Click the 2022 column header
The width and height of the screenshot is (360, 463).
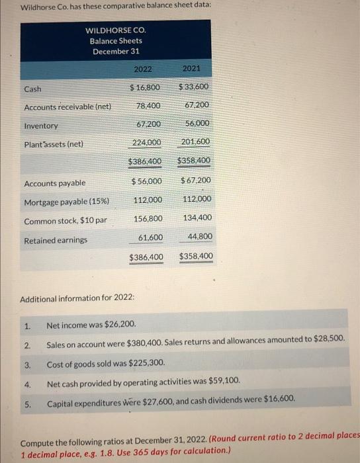pos(143,69)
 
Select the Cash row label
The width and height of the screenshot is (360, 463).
pos(32,89)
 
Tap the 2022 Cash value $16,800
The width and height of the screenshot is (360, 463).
pos(145,88)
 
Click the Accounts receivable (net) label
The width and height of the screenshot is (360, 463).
pos(67,107)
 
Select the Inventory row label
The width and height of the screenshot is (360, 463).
pos(41,126)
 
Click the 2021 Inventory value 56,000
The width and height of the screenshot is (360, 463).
pos(198,123)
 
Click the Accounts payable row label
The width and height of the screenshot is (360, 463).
pos(54,183)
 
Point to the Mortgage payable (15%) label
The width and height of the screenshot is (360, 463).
pos(67,202)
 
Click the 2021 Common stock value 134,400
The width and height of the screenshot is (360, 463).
pos(197,217)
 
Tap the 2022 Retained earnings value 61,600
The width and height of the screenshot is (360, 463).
pos(150,236)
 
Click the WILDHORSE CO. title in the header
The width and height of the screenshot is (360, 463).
pos(116,30)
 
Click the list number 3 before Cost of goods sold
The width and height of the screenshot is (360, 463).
pos(27,364)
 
